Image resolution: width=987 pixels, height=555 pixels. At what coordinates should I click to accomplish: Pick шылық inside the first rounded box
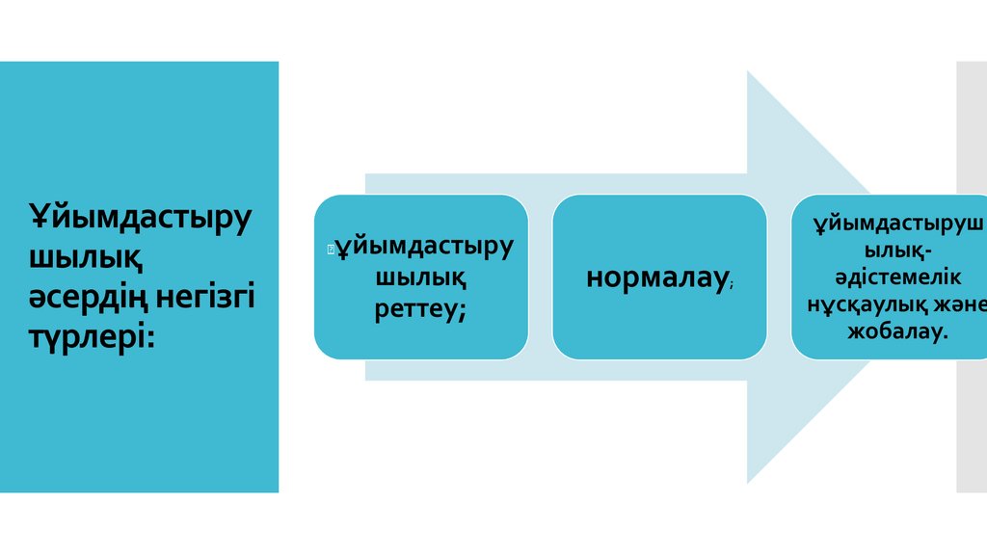(420, 277)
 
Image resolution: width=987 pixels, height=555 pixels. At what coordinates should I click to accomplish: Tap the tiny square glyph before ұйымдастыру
(330, 250)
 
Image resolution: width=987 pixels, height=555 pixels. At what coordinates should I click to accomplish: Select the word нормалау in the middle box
(655, 278)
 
